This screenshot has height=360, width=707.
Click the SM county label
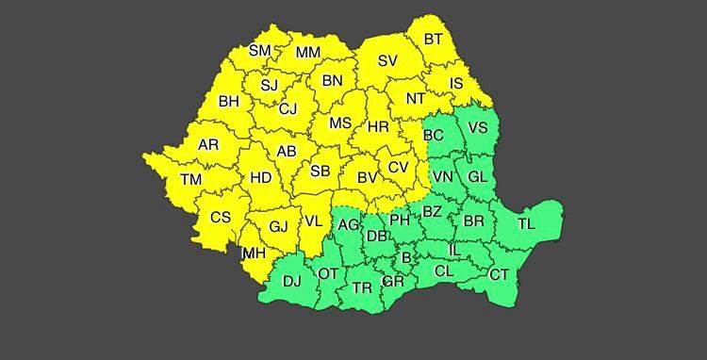point(259,51)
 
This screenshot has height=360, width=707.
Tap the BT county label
point(434,40)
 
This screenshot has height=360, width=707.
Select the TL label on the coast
point(525,223)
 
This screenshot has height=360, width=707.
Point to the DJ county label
point(292,280)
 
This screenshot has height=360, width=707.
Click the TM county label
point(191,179)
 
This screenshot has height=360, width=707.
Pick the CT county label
point(499,275)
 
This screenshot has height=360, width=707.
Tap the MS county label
point(339,123)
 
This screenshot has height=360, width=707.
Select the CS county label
point(220,217)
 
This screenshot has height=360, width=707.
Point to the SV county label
point(387,61)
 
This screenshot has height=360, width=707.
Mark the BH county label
point(228,101)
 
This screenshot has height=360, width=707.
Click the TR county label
point(361,287)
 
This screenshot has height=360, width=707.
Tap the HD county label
point(260,176)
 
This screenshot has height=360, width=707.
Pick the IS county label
point(457,84)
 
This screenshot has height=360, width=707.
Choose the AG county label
point(348,224)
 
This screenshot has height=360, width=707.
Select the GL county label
point(478,176)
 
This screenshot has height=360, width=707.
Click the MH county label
point(253,254)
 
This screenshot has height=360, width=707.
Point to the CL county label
point(444,270)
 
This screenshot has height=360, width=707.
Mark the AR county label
point(208,145)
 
